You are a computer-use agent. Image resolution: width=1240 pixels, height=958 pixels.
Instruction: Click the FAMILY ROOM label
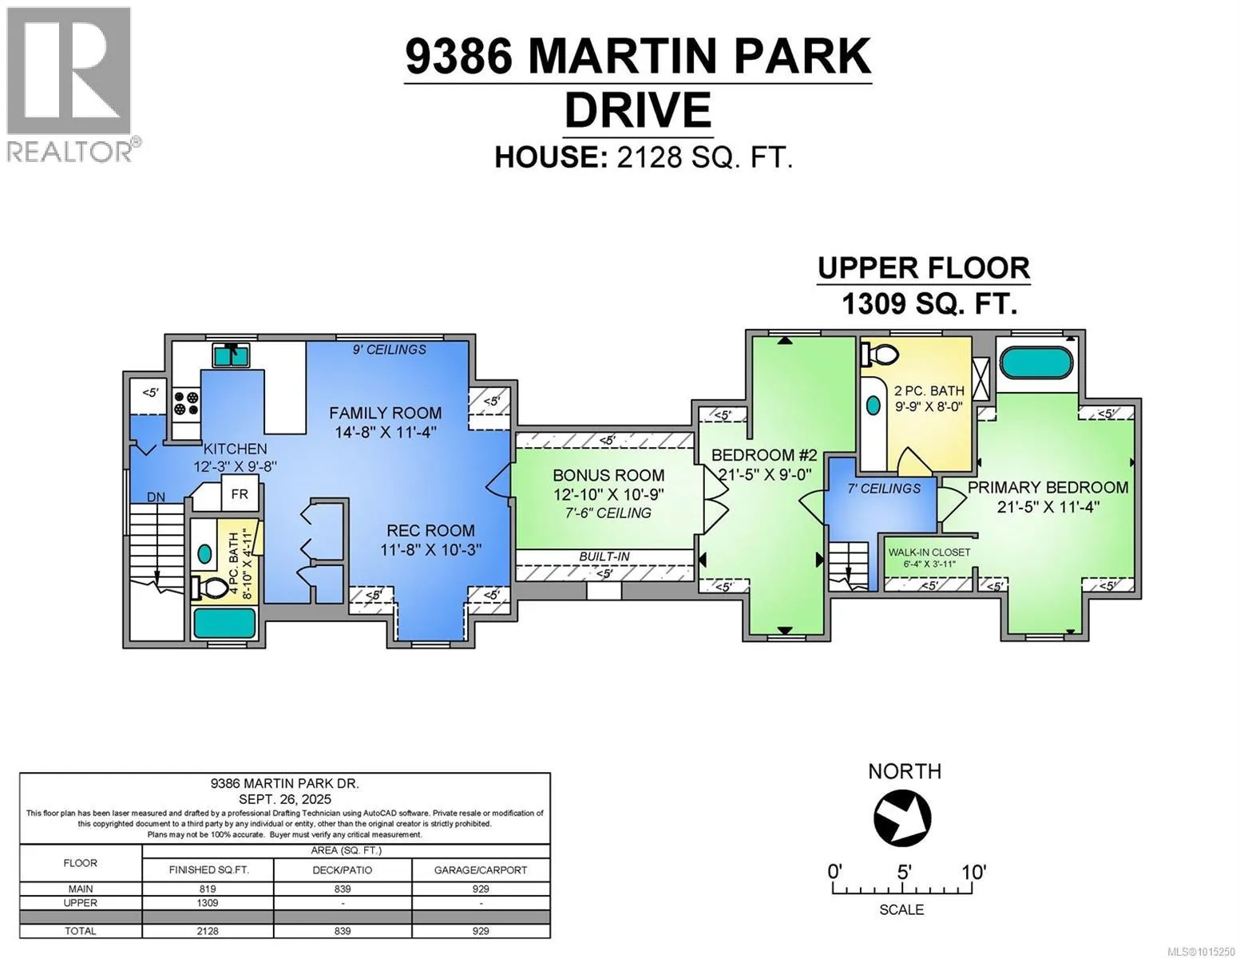click(x=385, y=413)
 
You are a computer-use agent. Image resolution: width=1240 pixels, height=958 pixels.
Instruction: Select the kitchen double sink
click(x=231, y=355)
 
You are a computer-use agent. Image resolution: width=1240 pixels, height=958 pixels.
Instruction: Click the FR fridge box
click(x=240, y=494)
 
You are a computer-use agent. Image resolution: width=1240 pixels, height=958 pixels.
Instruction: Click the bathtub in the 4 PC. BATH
click(x=224, y=623)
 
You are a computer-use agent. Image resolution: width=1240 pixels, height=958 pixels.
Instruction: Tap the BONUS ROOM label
click(x=608, y=475)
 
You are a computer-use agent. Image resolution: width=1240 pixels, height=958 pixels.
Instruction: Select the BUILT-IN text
click(x=604, y=556)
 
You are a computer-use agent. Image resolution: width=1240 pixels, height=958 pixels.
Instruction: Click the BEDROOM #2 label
click(x=764, y=455)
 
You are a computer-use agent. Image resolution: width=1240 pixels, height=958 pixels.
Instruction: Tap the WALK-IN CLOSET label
click(x=929, y=552)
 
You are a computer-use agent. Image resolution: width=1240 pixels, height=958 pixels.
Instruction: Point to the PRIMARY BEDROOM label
click(x=1048, y=487)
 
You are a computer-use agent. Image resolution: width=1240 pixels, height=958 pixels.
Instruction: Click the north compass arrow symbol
click(x=902, y=818)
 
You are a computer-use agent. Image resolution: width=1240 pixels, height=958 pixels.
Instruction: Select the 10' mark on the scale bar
click(x=973, y=872)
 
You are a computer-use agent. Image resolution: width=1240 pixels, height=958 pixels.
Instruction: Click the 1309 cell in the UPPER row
click(x=208, y=903)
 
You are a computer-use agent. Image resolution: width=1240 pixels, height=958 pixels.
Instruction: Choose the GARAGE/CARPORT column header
click(x=481, y=870)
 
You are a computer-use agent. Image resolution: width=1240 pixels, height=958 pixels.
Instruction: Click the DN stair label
click(x=156, y=497)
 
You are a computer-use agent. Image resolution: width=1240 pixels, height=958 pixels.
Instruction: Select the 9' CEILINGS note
click(x=389, y=349)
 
